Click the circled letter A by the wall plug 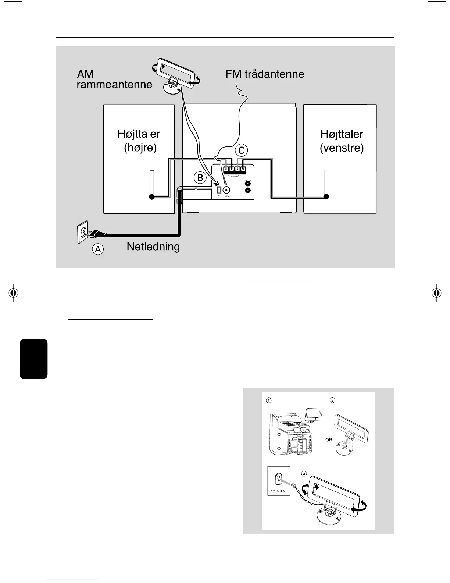98,250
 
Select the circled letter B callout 200,178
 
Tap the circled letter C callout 242,150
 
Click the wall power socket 83,232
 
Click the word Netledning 153,246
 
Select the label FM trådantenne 265,74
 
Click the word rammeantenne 114,85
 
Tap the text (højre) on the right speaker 140,148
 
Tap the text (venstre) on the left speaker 342,148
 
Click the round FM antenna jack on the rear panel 227,190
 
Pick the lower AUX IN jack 248,190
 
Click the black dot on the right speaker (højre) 151,197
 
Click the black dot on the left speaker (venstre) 326,197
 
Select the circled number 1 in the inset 269,400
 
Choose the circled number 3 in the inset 304,473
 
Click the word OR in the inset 329,440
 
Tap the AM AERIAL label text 278,491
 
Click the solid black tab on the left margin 34,359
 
